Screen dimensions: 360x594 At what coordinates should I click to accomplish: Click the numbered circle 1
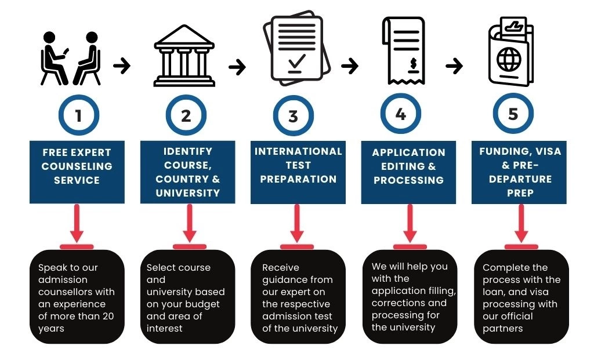coord(78,115)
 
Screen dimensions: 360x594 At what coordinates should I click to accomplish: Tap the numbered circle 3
coord(293,115)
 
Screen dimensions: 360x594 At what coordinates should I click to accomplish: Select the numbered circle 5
coord(513,114)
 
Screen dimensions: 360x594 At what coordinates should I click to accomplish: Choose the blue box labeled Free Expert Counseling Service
coord(77,172)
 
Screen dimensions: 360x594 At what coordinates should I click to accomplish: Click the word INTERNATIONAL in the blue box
coord(298,151)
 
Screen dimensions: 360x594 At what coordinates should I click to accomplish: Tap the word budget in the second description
coord(206,304)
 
